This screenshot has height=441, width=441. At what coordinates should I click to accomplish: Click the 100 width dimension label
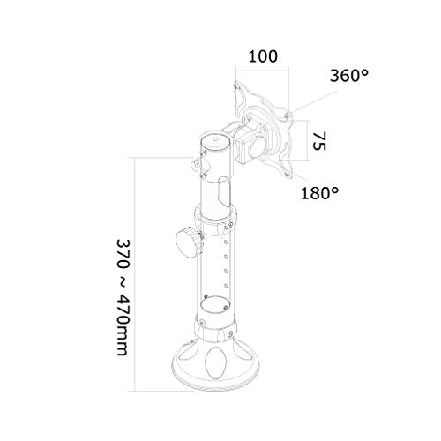pos(263,56)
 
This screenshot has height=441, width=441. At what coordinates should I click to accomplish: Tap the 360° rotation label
pos(349,76)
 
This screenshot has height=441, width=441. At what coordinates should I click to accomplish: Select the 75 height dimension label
pos(319,141)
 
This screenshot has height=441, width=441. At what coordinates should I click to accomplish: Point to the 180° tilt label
pos(319,193)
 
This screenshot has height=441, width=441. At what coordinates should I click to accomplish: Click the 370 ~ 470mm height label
pos(123,297)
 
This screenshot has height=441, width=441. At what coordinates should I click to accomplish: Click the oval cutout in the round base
pos(215,363)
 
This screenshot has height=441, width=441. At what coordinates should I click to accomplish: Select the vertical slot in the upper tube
pos(224,191)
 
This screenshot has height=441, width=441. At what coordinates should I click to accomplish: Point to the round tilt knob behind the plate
pos(258,147)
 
